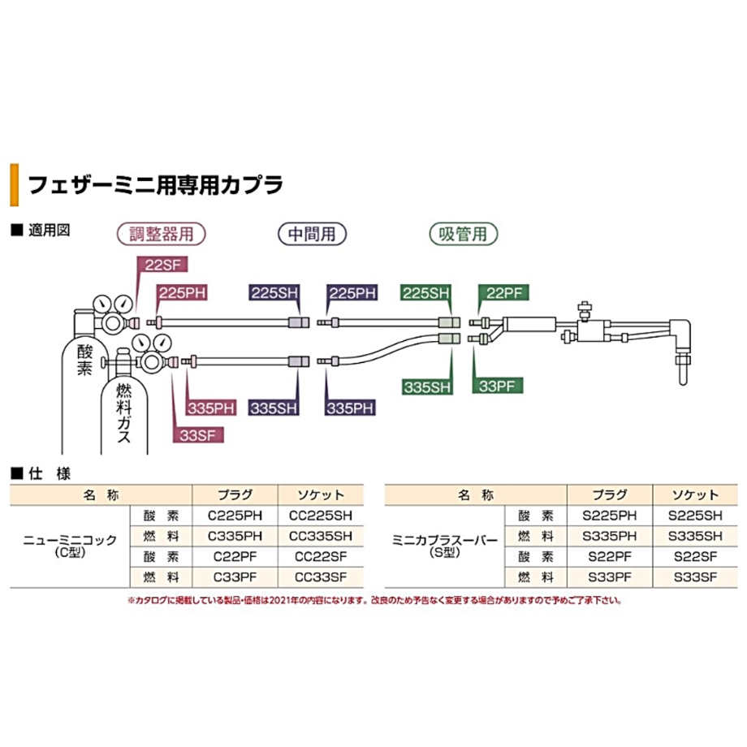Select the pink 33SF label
198,434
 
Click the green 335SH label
426,386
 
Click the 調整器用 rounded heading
162,234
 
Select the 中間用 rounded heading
312,234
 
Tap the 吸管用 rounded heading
463,234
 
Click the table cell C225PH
235,515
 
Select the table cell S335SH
694,536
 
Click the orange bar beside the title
14,184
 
